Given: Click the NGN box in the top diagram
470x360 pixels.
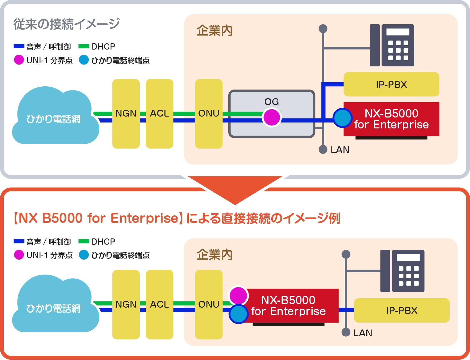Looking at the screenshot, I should click(x=126, y=113).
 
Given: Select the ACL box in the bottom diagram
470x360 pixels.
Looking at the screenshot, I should click(x=159, y=304).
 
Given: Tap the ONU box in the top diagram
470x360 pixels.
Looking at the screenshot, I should click(x=209, y=113).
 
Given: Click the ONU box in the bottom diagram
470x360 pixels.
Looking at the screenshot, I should click(x=209, y=304).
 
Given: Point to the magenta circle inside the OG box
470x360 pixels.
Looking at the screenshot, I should click(x=272, y=118).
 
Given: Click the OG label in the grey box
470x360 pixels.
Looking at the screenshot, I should click(x=272, y=102).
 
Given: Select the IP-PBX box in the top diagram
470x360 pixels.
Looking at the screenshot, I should click(x=391, y=84).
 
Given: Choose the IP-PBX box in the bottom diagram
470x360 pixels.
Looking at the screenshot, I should click(x=402, y=310).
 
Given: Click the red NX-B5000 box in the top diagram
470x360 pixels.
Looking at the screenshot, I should click(x=392, y=119).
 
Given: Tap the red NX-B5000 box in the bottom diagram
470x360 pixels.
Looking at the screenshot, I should click(x=288, y=306).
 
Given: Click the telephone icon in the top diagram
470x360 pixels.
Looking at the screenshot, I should click(x=392, y=46).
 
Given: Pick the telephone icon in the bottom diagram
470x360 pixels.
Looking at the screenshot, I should click(x=402, y=271).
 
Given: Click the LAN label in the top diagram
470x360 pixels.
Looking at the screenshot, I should click(x=340, y=150).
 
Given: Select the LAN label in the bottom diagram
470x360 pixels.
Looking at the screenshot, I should click(x=363, y=333).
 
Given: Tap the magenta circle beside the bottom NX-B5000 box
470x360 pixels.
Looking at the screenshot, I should click(x=238, y=295).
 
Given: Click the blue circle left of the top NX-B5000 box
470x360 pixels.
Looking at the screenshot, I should click(x=343, y=118).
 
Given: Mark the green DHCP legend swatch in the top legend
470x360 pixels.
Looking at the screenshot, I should click(x=84, y=46).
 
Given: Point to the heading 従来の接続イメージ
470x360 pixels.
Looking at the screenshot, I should click(x=66, y=24).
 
